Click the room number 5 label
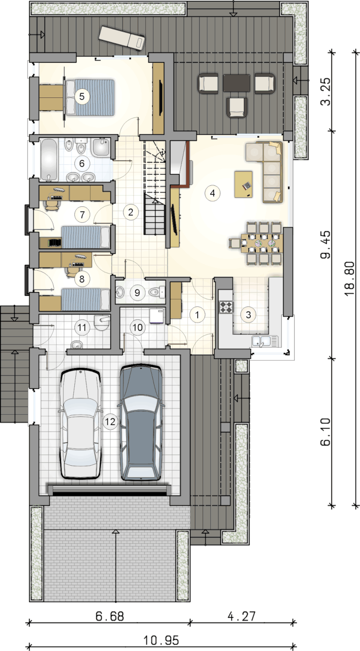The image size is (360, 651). click(x=82, y=96)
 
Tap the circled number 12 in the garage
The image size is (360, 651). click(x=110, y=422)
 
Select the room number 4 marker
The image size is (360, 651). click(x=212, y=193)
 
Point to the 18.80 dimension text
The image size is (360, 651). click(x=350, y=278)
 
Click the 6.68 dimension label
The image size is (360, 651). click(x=110, y=616)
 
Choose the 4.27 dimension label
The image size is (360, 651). click(x=241, y=616)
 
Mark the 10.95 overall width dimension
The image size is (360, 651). click(x=161, y=640)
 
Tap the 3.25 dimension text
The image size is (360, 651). click(x=325, y=91)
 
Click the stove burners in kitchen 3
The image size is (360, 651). click(x=227, y=307)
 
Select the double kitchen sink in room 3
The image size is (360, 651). click(x=264, y=341)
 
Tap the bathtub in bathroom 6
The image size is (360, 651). click(x=49, y=159)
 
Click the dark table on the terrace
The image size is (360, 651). click(x=237, y=83)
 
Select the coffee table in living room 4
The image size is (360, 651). click(x=243, y=184)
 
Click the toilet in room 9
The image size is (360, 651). click(x=156, y=291)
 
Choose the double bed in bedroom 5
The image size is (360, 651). click(x=89, y=97)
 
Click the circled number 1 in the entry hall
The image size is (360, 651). click(x=197, y=314)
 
